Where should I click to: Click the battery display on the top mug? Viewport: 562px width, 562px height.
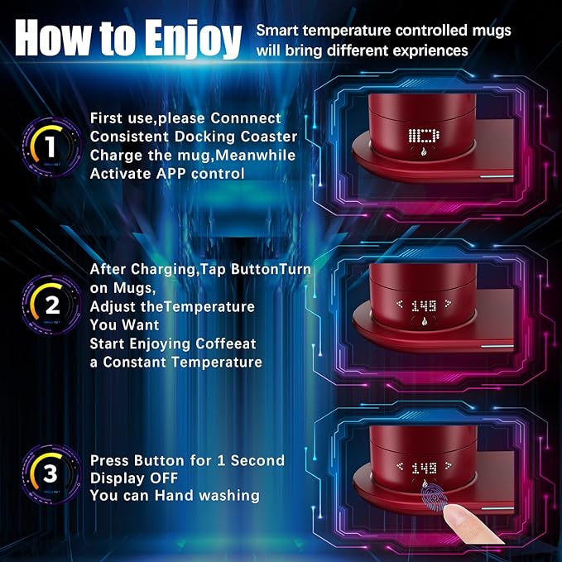[x=424, y=137]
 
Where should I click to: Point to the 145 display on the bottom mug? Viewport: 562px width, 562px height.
[x=425, y=467]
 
